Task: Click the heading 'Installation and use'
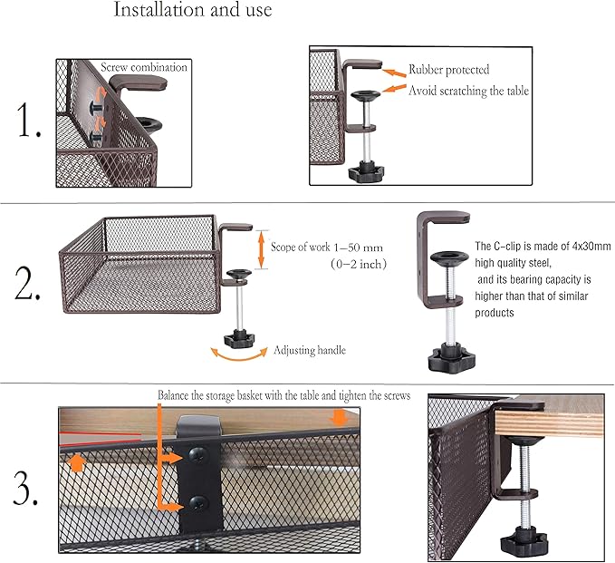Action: pos(192,12)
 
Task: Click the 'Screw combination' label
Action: pos(144,67)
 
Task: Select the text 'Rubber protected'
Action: pos(449,69)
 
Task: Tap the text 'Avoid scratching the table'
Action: pos(468,91)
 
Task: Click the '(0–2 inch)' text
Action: pos(358,264)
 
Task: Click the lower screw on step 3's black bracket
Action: pos(197,501)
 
